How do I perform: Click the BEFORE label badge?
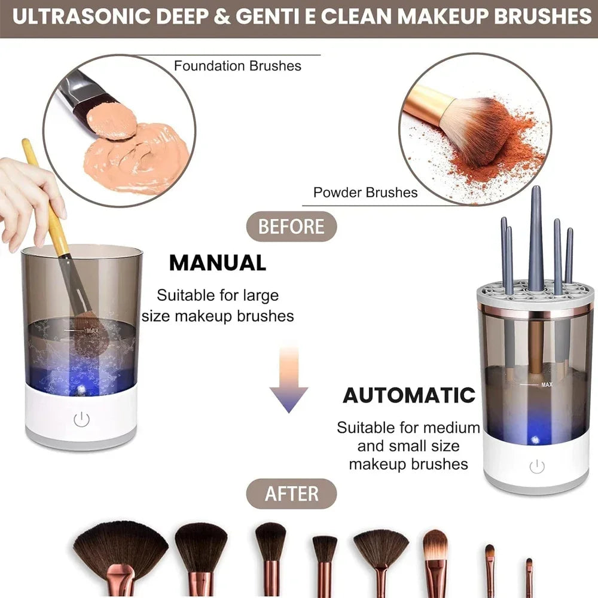[292, 227]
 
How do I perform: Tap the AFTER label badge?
[292, 494]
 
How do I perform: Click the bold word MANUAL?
[218, 263]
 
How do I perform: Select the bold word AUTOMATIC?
[409, 395]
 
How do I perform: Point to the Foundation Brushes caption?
[237, 66]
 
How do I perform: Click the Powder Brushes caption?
[365, 193]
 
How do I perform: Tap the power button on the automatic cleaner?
[537, 466]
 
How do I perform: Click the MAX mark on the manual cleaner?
[91, 329]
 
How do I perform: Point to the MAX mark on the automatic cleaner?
[546, 385]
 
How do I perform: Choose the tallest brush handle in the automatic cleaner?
[535, 239]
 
